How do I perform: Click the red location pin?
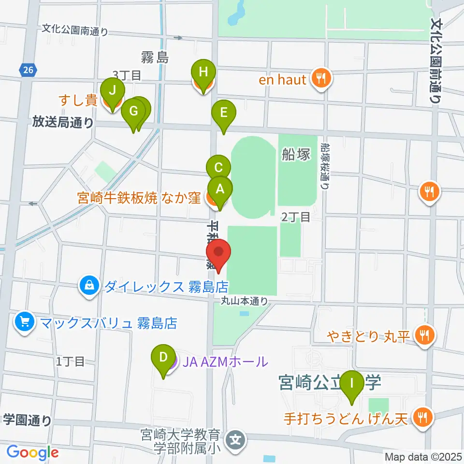pyautogui.click(x=219, y=254)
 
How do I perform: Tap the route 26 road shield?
pyautogui.click(x=28, y=71)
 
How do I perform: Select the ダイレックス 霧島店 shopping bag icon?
pyautogui.click(x=90, y=286)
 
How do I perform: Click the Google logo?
pyautogui.click(x=33, y=452)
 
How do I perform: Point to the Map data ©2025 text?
pyautogui.click(x=422, y=456)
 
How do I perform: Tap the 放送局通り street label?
pyautogui.click(x=63, y=122)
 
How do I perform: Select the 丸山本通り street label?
pyautogui.click(x=245, y=301)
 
